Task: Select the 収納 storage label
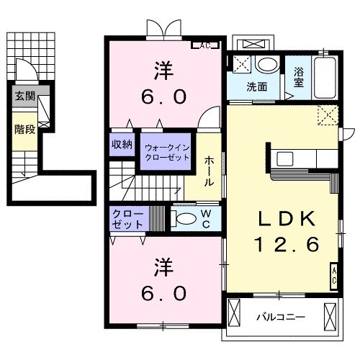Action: tap(122, 144)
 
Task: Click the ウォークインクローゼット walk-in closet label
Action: tap(166, 152)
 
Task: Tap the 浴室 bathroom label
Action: tap(299, 77)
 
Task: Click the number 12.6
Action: tap(285, 245)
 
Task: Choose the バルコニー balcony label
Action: tap(280, 316)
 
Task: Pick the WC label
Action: tap(206, 218)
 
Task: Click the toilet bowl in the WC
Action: tap(185, 219)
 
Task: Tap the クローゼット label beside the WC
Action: tap(127, 219)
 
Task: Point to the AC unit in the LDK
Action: tap(335, 274)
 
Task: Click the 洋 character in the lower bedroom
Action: tap(161, 267)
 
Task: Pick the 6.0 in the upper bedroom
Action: tap(162, 94)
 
